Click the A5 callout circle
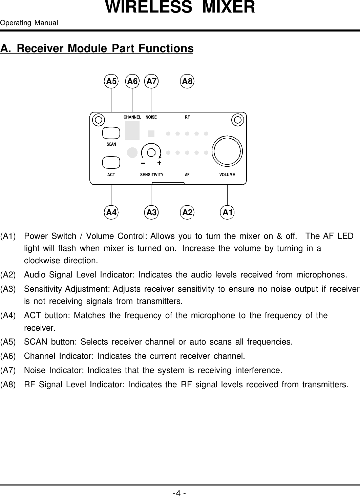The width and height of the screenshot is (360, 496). point(111,81)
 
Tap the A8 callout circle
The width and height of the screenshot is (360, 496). point(187,81)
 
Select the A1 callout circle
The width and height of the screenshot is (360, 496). point(228,212)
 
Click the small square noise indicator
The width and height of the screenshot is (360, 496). point(151,133)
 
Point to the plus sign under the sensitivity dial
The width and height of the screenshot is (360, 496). point(159,163)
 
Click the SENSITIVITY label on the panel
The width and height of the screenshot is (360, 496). point(152,175)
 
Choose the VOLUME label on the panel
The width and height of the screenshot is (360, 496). point(227,175)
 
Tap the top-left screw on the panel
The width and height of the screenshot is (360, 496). point(99,120)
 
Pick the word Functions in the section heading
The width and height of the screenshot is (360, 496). point(165,48)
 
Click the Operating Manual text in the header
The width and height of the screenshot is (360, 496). point(29,23)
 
